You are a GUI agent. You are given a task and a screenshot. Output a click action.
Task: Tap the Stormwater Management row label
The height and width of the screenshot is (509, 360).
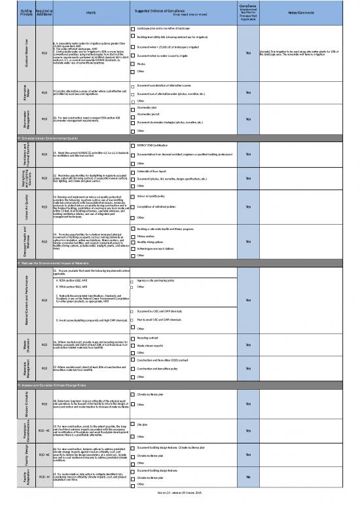tap(9, 119)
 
